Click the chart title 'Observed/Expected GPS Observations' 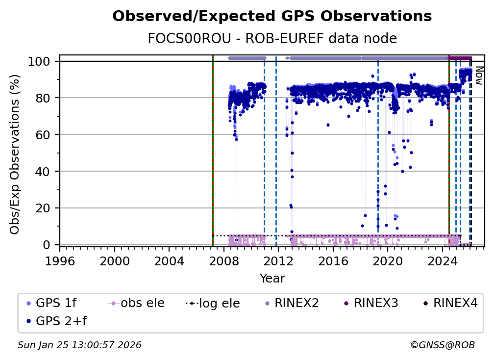click(x=272, y=17)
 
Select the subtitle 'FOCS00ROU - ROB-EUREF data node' click(x=272, y=38)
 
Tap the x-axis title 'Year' click(x=272, y=279)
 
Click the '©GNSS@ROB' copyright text click(x=443, y=345)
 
